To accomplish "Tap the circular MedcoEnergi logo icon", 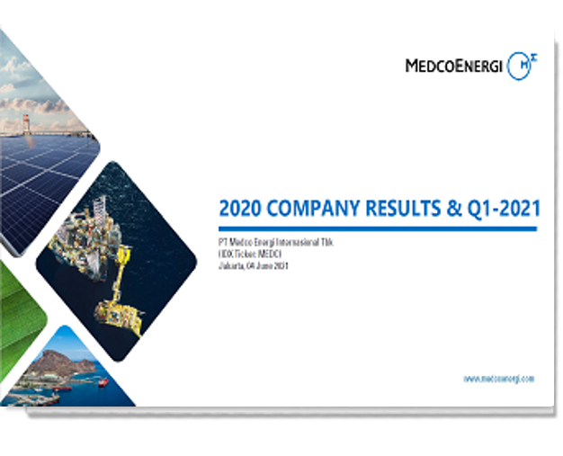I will coord(519,66).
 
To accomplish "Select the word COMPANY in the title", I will coord(318,209).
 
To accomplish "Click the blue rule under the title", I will coord(378,229).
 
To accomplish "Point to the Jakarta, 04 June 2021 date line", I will coord(255,266).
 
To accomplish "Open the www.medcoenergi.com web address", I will coord(499,379).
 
